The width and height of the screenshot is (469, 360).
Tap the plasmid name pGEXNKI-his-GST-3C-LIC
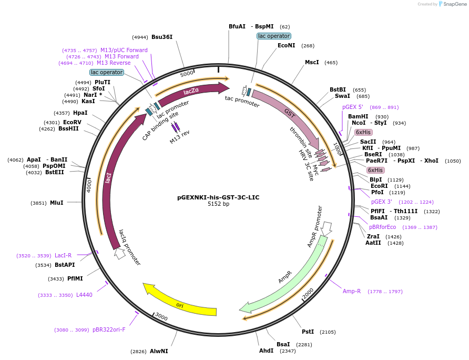pyautogui.click(x=218, y=197)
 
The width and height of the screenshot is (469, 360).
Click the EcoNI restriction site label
pyautogui.click(x=287, y=46)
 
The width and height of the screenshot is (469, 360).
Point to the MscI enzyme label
pyautogui.click(x=312, y=63)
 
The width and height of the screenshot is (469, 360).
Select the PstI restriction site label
pyautogui.click(x=308, y=332)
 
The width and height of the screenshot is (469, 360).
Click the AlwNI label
pyautogui.click(x=159, y=351)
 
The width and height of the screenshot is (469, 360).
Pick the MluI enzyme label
pyautogui.click(x=56, y=203)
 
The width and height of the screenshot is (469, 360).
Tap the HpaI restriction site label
pyautogui.click(x=80, y=113)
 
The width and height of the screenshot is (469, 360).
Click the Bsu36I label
pyautogui.click(x=162, y=37)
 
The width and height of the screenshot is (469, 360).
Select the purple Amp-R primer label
pyautogui.click(x=352, y=291)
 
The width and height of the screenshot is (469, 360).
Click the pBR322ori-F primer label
pyautogui.click(x=109, y=330)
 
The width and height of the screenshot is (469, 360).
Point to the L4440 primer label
pyautogui.click(x=84, y=295)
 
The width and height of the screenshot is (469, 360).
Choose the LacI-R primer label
pyautogui.click(x=63, y=256)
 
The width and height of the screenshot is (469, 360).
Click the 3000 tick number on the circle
pyautogui.click(x=161, y=317)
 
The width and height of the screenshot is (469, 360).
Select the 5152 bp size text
pyautogui.click(x=218, y=204)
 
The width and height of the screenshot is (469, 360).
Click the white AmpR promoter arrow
pyautogui.click(x=327, y=228)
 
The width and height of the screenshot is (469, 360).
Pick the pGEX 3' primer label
pyautogui.click(x=382, y=202)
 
